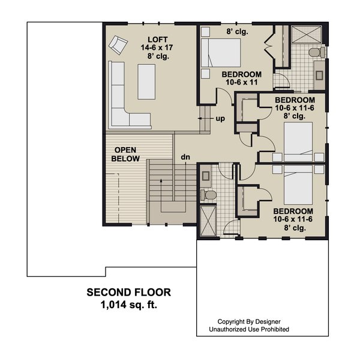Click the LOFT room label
(x=158, y=40)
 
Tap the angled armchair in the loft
(x=118, y=45)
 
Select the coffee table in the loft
(x=146, y=82)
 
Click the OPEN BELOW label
(x=125, y=154)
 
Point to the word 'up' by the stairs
(x=220, y=119)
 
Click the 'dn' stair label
(x=185, y=157)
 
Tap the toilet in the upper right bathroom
(x=317, y=52)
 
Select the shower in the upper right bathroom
(x=306, y=34)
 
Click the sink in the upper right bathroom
(x=319, y=75)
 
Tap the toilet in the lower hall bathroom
(x=208, y=195)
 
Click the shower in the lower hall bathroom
(x=208, y=221)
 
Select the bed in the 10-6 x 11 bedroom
(x=221, y=53)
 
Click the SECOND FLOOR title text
(x=129, y=293)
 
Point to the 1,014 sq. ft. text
(x=129, y=305)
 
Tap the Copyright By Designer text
(x=249, y=321)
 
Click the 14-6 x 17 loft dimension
(x=157, y=47)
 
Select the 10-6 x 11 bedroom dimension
(x=242, y=82)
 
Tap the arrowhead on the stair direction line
(x=161, y=180)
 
